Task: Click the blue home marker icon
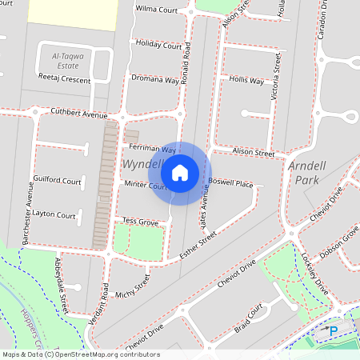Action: pyautogui.click(x=180, y=172)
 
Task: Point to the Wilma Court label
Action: pyautogui.click(x=155, y=10)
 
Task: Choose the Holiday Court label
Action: pyautogui.click(x=158, y=45)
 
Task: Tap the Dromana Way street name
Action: pyautogui.click(x=155, y=79)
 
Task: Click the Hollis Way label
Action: pyautogui.click(x=246, y=81)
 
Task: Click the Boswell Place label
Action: pyautogui.click(x=230, y=184)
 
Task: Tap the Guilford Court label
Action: pyautogui.click(x=57, y=182)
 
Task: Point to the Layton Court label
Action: pyautogui.click(x=54, y=215)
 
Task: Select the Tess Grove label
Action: pyautogui.click(x=139, y=221)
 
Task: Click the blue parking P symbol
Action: pyautogui.click(x=334, y=330)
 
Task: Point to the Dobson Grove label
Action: pyautogui.click(x=340, y=240)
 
